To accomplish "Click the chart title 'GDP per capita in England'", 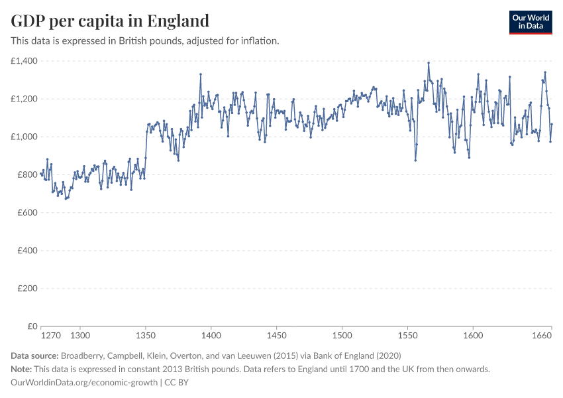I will (110, 21).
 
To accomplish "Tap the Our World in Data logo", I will (530, 22).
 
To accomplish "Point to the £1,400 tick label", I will (25, 61).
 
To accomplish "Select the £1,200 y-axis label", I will (25, 99).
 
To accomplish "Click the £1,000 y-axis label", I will (25, 137).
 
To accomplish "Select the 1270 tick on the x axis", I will (50, 336).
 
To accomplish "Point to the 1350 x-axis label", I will (146, 336).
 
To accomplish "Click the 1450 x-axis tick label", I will (276, 336).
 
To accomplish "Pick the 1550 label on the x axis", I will (407, 336).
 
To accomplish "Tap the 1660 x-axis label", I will (542, 336).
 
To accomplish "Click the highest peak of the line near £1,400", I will (429, 62).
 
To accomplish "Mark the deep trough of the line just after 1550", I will (415, 160).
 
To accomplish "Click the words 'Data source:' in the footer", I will (35, 356).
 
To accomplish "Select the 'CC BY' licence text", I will (178, 383).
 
